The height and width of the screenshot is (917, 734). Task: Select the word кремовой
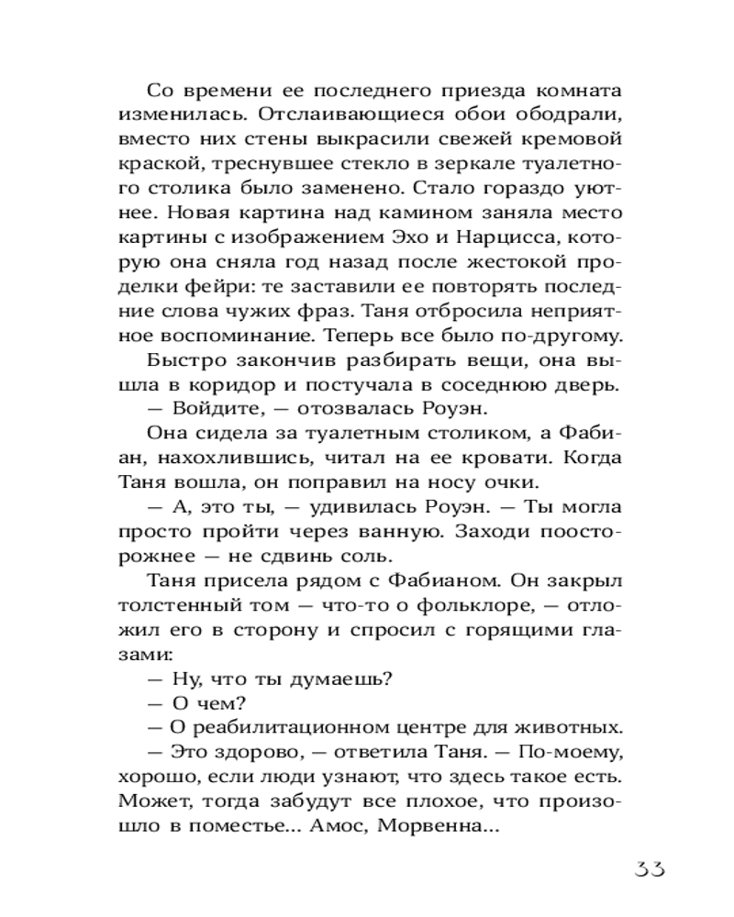[565, 141]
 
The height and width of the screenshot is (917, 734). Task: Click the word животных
[566, 728]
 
